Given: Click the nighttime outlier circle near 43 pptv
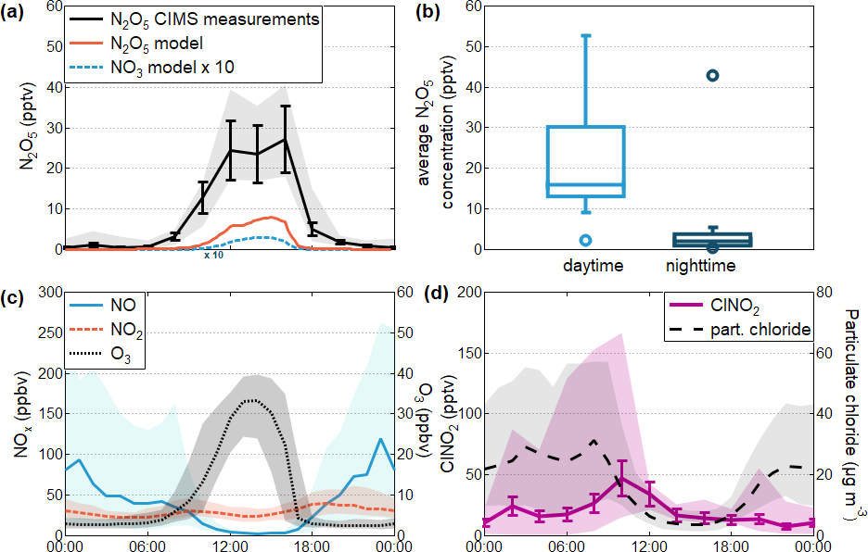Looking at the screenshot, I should pos(713,75).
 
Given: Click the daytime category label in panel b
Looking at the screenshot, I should pos(593,267).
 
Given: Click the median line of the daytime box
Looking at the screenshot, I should pos(585,185).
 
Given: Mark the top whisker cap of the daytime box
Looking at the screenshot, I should pos(585,35).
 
